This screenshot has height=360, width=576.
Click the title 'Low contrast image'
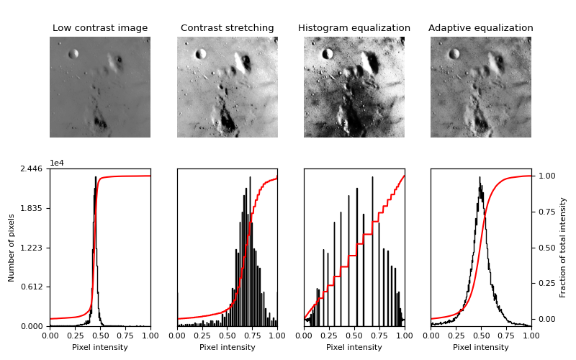100,28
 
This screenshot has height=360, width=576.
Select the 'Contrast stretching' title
227,28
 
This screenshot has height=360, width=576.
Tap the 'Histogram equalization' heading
354,28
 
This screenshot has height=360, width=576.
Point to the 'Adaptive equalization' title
481,28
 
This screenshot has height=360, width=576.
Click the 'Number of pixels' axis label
12,247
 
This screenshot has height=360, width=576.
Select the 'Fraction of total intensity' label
563,247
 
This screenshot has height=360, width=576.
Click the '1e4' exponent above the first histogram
57,163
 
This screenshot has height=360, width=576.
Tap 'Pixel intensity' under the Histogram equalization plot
354,347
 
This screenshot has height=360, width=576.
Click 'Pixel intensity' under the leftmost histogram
100,347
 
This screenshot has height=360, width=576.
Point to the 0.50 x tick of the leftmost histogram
100,335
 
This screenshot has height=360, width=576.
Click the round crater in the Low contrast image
73,54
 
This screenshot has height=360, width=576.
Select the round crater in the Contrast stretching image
201,53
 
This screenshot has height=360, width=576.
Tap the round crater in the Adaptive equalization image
454,54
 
